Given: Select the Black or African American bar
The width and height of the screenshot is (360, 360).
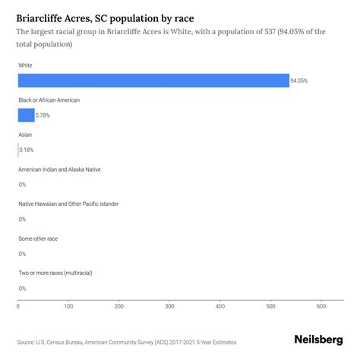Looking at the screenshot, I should (x=26, y=115).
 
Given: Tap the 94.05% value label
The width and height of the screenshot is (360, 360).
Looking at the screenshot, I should (x=300, y=81).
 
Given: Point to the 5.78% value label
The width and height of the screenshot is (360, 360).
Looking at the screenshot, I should (x=44, y=115).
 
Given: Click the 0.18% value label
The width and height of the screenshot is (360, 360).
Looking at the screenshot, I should (x=27, y=150).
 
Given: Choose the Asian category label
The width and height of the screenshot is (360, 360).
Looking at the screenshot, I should (x=25, y=134).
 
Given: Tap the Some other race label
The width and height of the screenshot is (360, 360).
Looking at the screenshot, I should (x=37, y=238).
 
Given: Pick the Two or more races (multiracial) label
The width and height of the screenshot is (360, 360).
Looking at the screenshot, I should (x=58, y=273).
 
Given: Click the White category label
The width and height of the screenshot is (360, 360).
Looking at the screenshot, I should (x=26, y=65).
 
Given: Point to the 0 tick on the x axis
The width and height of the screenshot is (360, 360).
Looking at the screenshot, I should (x=18, y=307).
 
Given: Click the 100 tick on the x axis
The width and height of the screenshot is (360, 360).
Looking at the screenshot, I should (x=68, y=307).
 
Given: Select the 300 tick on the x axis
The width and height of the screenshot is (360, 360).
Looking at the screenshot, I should (x=169, y=307).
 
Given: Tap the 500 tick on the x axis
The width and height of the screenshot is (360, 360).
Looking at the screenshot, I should (x=270, y=307).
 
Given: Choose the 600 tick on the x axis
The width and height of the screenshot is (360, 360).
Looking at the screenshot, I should (x=321, y=307).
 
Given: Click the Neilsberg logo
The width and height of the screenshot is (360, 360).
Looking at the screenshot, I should (x=317, y=341).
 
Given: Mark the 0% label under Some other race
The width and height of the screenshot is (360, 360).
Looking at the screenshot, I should (x=22, y=254).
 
